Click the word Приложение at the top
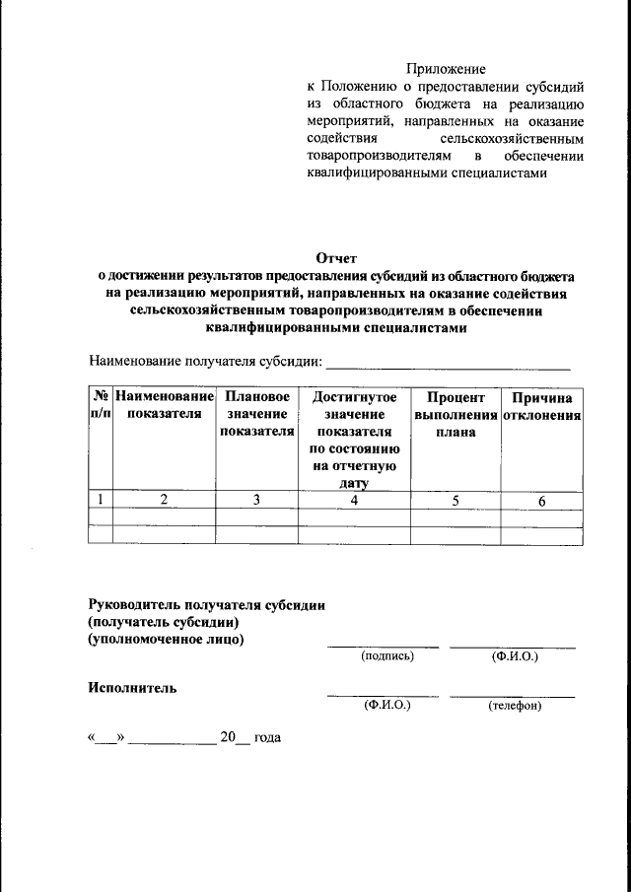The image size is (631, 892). click(x=447, y=69)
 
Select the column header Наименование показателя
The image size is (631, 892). click(x=164, y=405)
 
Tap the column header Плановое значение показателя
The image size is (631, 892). click(x=256, y=414)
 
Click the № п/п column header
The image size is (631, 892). click(x=100, y=405)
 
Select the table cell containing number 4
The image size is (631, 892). click(x=354, y=500)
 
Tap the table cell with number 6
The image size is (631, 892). click(x=541, y=501)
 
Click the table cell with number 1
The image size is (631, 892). click(x=101, y=500)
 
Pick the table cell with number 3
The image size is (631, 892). click(x=256, y=500)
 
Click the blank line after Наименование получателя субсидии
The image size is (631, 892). click(x=449, y=364)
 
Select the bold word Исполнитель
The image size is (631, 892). click(x=133, y=688)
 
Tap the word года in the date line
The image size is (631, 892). click(x=268, y=737)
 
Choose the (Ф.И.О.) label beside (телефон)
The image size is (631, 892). click(x=387, y=706)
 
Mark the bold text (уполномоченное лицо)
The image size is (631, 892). click(x=167, y=639)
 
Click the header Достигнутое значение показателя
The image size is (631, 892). click(x=354, y=440)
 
